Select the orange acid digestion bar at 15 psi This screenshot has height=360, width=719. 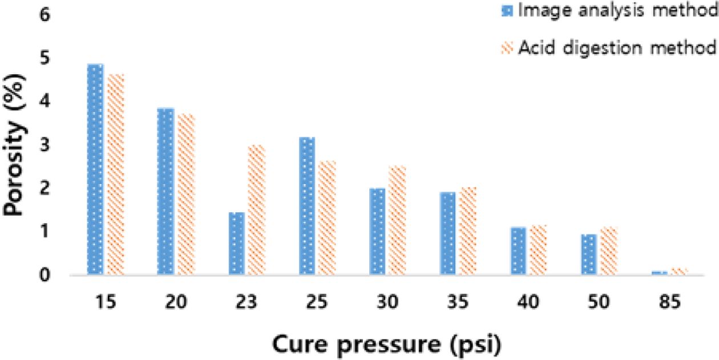click(x=115, y=175)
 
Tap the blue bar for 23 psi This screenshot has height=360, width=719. click(x=236, y=244)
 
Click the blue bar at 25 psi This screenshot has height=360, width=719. click(x=307, y=206)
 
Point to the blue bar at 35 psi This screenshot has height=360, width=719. click(x=448, y=234)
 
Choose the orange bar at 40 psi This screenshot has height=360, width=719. click(x=539, y=250)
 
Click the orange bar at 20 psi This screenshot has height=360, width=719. click(x=186, y=195)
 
